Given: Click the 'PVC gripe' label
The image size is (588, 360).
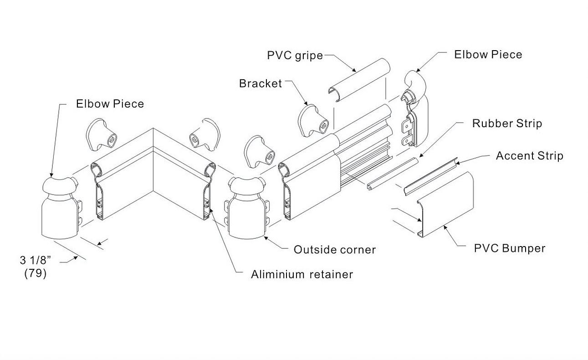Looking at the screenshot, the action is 295,56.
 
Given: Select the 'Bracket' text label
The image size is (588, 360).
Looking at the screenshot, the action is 261,83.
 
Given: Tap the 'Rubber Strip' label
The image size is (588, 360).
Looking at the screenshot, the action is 507,123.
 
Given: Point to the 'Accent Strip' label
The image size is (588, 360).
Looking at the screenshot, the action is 530,156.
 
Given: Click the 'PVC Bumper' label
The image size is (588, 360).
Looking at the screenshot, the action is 510,248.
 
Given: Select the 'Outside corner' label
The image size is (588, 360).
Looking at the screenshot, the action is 335,250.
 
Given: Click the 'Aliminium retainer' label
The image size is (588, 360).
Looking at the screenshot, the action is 302,274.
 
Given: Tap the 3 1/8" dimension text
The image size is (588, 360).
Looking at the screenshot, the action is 36,260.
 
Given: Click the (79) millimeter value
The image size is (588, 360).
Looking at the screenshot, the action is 36,273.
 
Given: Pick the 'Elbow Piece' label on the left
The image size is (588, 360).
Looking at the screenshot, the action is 110,104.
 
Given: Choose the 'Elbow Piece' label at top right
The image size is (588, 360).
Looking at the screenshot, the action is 488,55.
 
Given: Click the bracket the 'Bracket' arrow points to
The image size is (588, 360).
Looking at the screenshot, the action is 313,121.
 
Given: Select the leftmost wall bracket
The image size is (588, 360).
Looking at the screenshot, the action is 101,134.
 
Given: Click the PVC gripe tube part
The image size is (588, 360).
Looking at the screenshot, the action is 359,80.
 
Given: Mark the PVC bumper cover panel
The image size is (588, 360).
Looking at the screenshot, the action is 445,205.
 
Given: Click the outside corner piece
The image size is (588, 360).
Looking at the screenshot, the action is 246,208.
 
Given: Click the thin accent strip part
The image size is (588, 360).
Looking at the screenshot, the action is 430,177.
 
